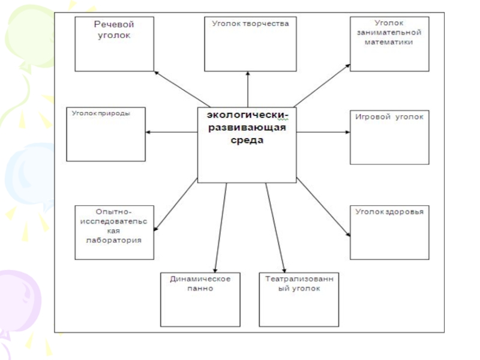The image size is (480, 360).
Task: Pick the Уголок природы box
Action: point(106,134)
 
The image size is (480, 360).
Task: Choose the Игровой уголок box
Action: point(389,136)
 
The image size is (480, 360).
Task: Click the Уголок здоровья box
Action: point(389,232)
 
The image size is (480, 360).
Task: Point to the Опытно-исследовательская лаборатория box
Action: point(114,232)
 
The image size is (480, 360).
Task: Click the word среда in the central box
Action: point(247,141)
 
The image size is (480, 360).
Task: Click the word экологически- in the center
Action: point(247,115)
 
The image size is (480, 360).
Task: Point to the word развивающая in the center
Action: point(247,128)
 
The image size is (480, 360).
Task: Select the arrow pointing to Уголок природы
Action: point(172,132)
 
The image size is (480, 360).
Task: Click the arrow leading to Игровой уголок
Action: point(324,132)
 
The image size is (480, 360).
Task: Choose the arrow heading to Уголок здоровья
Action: point(323,210)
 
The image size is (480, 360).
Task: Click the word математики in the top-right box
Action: point(389,43)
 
